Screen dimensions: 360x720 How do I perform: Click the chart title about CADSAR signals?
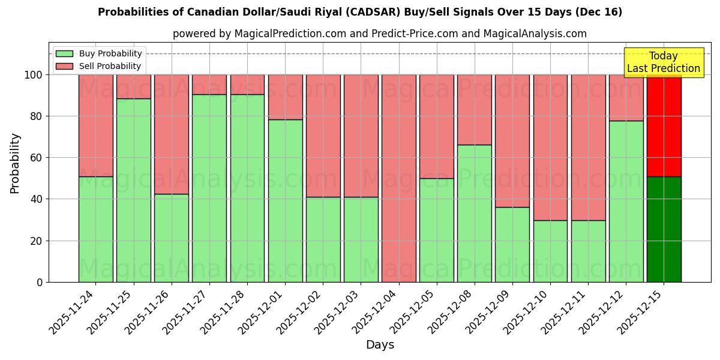pos(360,12)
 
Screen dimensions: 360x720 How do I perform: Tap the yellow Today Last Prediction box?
pos(663,62)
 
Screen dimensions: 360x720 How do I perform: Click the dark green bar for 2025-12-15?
pos(664,229)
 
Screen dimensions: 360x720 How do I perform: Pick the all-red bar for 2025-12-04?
pos(398,178)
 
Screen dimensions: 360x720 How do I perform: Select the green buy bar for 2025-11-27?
pos(209,188)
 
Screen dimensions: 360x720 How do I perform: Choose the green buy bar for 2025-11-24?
pos(95,229)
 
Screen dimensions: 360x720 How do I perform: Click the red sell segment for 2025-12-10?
pos(550,147)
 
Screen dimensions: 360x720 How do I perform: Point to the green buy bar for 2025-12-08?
pos(474,213)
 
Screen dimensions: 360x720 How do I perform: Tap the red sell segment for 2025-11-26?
pos(172,134)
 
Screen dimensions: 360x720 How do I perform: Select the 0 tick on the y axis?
pos(40,282)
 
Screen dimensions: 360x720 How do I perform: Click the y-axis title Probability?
pos(15,163)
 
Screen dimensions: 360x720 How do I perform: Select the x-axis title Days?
pos(380,345)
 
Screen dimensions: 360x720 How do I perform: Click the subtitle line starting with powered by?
pos(380,34)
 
